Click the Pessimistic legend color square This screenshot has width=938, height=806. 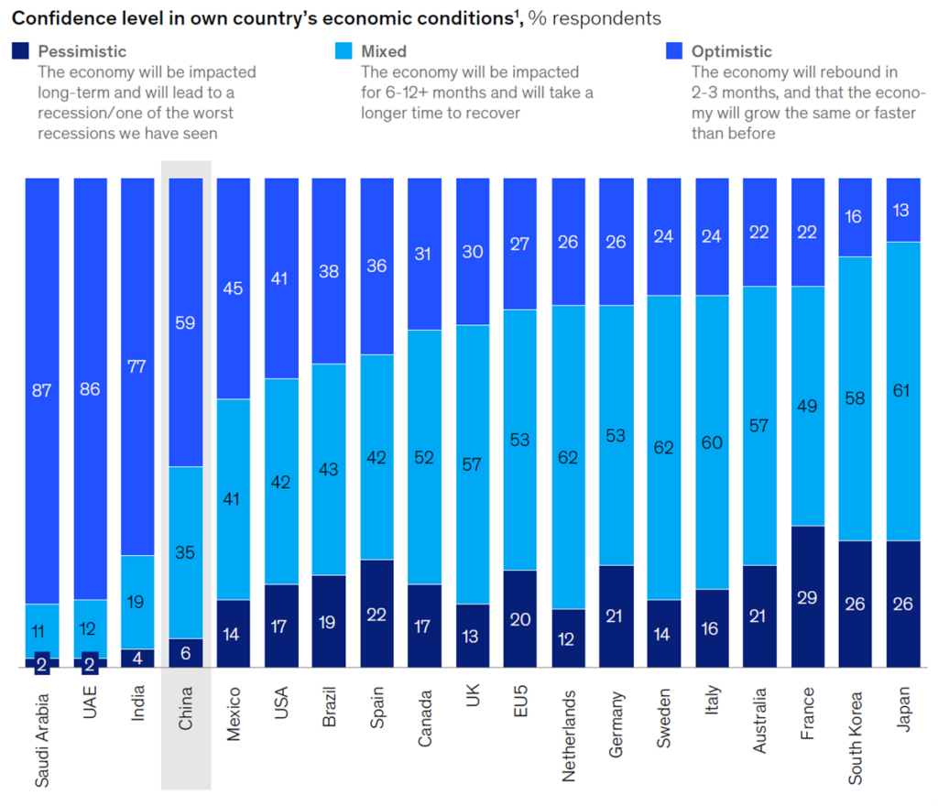(21, 52)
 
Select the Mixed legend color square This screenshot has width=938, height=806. (344, 52)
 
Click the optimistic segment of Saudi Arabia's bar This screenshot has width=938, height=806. (42, 390)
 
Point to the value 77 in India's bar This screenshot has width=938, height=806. (137, 366)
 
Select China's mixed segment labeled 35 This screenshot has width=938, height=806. (186, 552)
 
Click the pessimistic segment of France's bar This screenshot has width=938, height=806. (808, 596)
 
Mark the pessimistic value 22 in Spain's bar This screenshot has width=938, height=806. (377, 614)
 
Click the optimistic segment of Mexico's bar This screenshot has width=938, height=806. (234, 289)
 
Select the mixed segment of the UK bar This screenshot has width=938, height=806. (473, 464)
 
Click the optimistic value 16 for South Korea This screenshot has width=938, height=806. (856, 217)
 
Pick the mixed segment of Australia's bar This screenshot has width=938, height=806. (760, 425)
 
